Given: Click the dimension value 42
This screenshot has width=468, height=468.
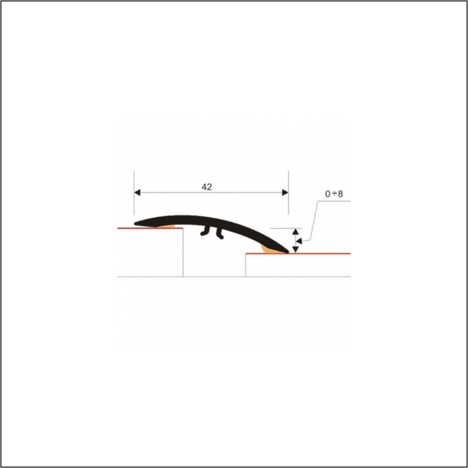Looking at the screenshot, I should (207, 187).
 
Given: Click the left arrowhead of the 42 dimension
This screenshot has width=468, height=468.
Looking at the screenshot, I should (138, 192).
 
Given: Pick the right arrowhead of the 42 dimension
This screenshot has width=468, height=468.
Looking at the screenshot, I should (284, 192).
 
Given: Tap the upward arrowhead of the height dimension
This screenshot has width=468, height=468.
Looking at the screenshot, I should (295, 232).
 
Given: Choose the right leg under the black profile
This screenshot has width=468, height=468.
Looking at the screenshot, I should (220, 234).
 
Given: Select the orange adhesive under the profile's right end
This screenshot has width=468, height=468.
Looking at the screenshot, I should (269, 250).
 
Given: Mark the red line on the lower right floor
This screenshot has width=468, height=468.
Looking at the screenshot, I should (322, 254).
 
